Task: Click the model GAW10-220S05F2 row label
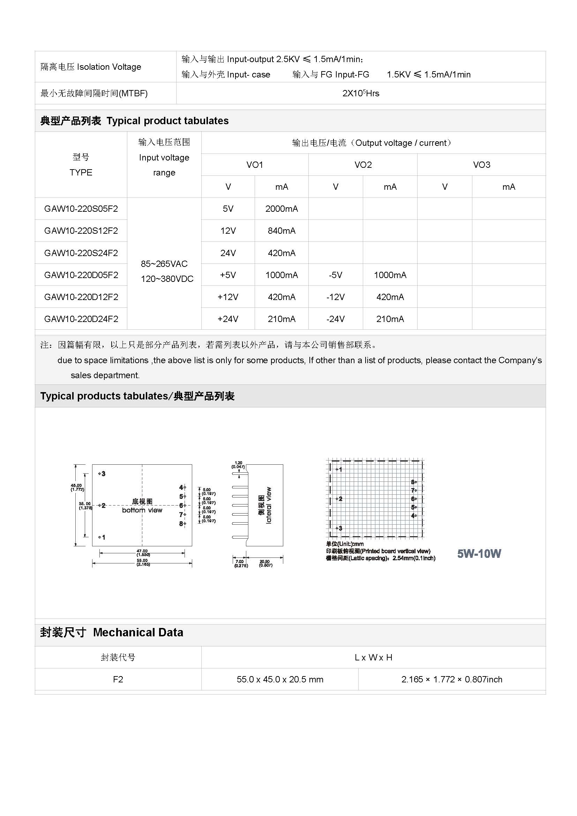tap(81, 209)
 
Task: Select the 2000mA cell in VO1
tap(282, 209)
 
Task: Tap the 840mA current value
tap(282, 231)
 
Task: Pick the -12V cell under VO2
tap(335, 297)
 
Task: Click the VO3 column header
tap(481, 165)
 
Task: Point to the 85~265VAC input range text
tap(164, 264)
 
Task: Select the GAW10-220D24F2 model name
tap(81, 319)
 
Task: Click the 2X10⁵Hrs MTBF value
tap(361, 93)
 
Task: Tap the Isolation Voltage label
tap(91, 67)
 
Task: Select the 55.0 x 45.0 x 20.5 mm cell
tap(280, 679)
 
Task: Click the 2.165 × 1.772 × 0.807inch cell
tap(451, 679)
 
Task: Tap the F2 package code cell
tap(118, 679)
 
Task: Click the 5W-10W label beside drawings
tap(479, 553)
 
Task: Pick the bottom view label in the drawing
tap(142, 510)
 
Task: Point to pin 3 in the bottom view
tap(102, 474)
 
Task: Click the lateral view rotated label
tap(269, 505)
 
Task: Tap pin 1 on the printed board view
tap(339, 470)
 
